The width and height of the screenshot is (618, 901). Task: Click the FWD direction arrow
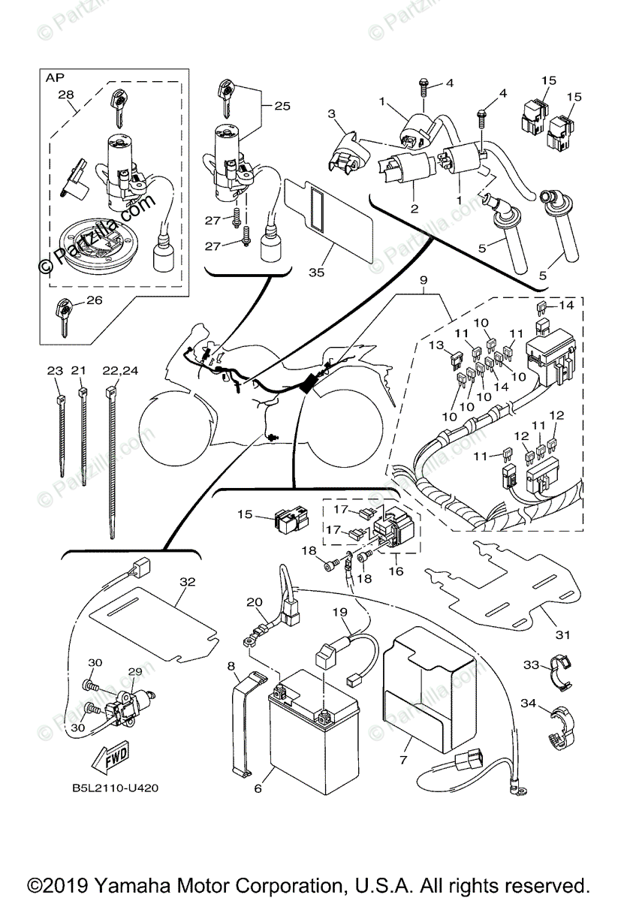coord(112,758)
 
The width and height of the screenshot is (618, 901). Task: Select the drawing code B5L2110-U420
coord(115,788)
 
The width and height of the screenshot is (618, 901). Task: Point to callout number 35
coord(316,273)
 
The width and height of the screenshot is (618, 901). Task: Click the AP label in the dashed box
coord(55,77)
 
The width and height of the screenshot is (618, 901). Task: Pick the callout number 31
coord(562,634)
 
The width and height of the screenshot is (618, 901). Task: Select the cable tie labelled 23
coord(59,428)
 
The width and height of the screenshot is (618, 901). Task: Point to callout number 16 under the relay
coord(396,571)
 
